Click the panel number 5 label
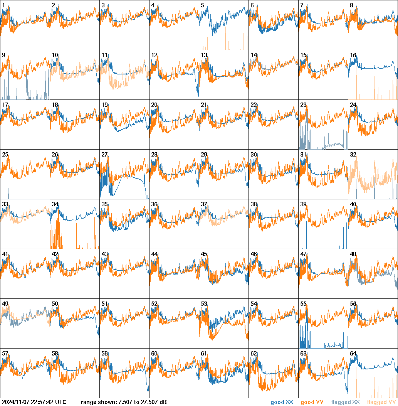coord(203,5)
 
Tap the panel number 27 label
coord(104,155)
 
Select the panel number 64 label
coord(353,354)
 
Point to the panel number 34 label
coord(55,204)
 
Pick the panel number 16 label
coord(353,55)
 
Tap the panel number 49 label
coord(5,304)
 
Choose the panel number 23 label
coord(303,105)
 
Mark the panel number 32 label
coord(353,155)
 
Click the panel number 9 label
coord(3,55)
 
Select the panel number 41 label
coord(5,254)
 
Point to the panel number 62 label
coord(254,354)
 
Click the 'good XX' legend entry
coord(282,403)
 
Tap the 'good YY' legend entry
coord(312,403)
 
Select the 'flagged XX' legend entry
coord(345,403)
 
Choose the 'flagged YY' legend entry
coord(381,403)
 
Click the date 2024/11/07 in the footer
coord(17,403)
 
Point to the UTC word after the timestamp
coord(60,403)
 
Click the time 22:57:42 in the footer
coord(44,403)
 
